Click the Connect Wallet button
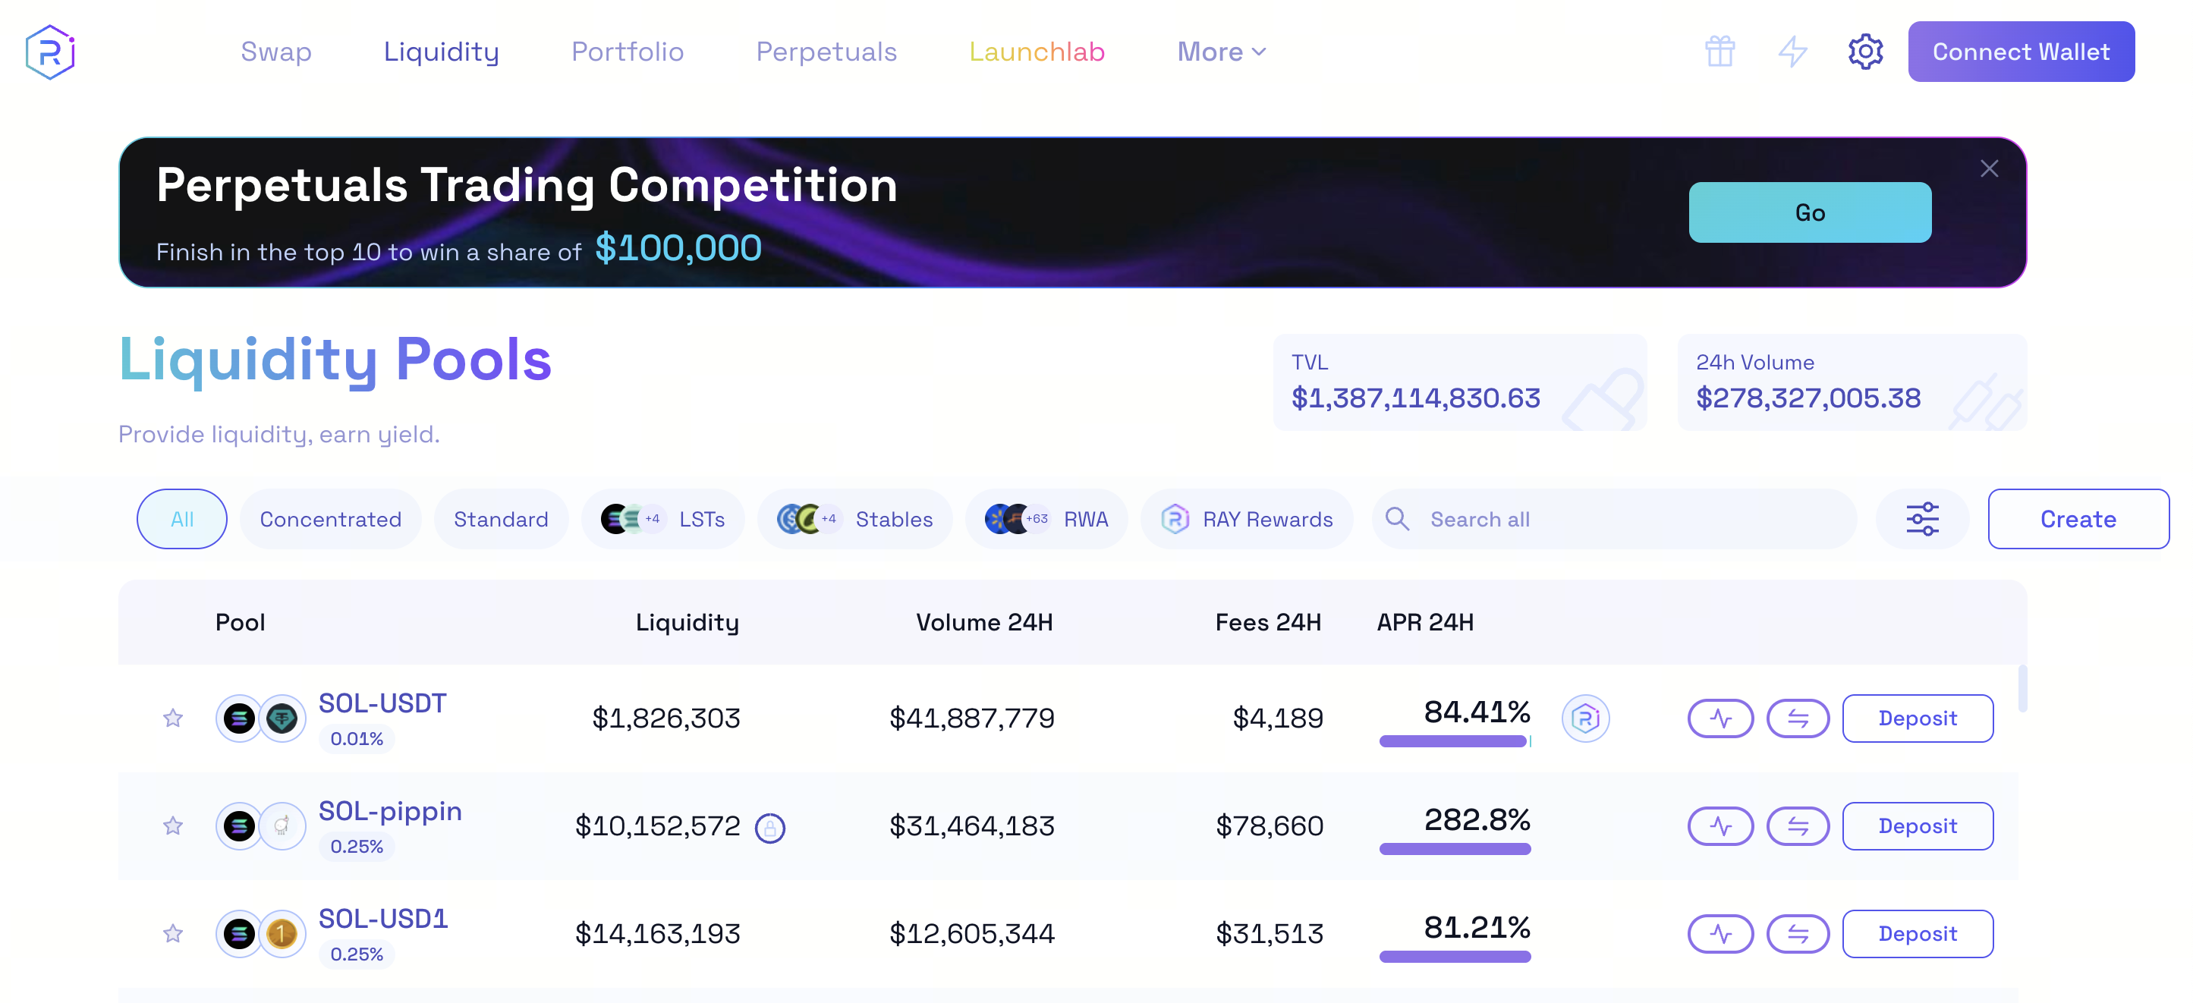(x=2020, y=52)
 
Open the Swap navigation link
(x=275, y=52)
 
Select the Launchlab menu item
(x=1036, y=52)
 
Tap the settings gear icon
(x=1864, y=52)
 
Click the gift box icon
(x=1719, y=52)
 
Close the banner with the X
(x=1989, y=168)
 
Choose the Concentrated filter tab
(x=330, y=520)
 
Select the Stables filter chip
(x=854, y=520)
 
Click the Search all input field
(x=1618, y=520)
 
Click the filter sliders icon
(x=1921, y=520)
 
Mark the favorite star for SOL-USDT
(x=173, y=718)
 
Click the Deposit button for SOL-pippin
(x=1918, y=826)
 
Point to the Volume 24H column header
(x=984, y=622)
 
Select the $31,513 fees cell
(x=1269, y=934)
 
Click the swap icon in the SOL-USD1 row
(x=1797, y=934)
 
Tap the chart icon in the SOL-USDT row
(x=1719, y=718)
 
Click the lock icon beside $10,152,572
(x=769, y=828)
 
